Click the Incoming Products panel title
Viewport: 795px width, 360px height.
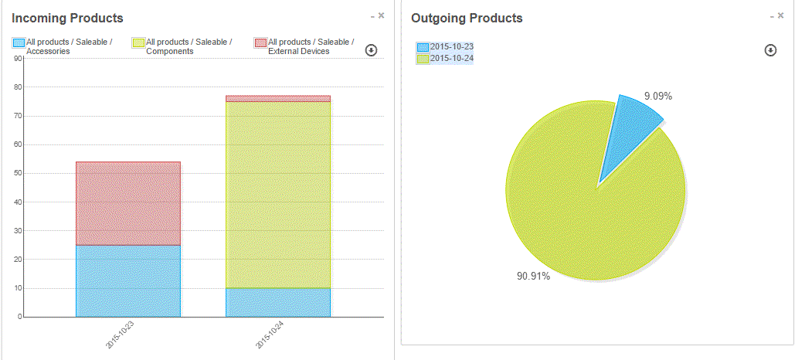(x=67, y=18)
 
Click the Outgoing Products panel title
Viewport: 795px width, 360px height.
(x=467, y=18)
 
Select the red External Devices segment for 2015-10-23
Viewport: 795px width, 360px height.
(x=127, y=203)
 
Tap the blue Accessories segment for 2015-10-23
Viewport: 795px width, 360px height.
(x=127, y=280)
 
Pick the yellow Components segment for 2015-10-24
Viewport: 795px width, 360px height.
(x=278, y=195)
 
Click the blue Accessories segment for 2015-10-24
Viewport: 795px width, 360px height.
(x=278, y=302)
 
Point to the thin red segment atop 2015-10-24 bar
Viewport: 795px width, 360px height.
(x=278, y=99)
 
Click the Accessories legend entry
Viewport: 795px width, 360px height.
(x=62, y=46)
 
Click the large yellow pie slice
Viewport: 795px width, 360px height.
(x=595, y=209)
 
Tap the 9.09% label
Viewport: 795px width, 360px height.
(x=658, y=97)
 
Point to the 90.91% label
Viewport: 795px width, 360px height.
(x=533, y=276)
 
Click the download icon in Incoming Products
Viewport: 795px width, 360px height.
(x=371, y=50)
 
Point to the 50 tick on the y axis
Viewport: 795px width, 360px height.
(x=19, y=173)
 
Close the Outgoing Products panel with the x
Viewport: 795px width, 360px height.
(x=781, y=15)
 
